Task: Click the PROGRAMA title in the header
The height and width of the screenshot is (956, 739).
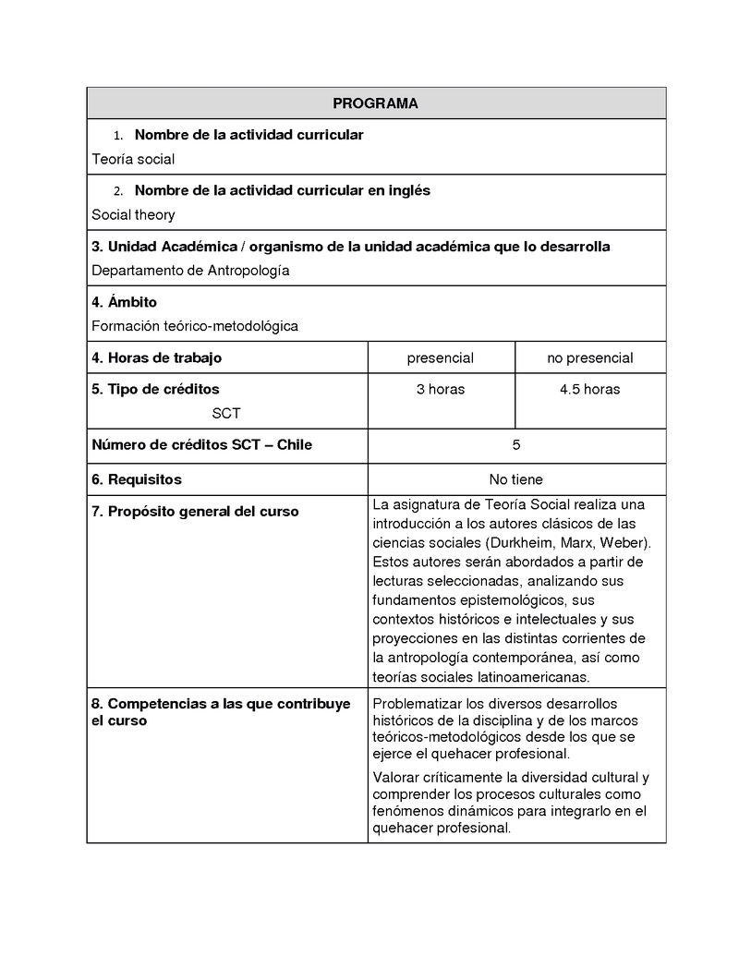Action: [x=375, y=103]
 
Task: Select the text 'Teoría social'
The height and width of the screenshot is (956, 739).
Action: [x=133, y=159]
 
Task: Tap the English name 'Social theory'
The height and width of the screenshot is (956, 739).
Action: [x=133, y=214]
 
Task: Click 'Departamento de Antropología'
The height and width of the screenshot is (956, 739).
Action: [x=190, y=271]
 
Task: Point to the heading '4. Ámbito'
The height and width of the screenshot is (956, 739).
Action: [x=124, y=302]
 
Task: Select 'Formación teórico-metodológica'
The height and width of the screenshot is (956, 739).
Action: [x=195, y=326]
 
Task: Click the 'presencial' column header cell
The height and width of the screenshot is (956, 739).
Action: [x=440, y=357]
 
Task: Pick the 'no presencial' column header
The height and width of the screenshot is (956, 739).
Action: [x=589, y=357]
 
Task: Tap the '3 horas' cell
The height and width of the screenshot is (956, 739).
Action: [x=440, y=389]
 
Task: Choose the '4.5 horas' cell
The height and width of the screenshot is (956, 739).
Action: [x=589, y=389]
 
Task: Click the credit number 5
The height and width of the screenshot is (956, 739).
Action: [x=515, y=444]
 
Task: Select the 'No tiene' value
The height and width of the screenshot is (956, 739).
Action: [x=515, y=479]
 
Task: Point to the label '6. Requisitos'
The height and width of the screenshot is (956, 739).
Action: [x=137, y=479]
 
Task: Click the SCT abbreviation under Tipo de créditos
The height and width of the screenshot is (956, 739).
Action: [x=225, y=413]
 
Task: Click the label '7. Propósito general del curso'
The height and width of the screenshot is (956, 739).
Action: [x=195, y=511]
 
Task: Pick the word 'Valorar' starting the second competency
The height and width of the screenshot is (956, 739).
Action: [x=395, y=777]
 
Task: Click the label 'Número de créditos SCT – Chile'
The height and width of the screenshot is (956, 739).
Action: [x=201, y=444]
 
